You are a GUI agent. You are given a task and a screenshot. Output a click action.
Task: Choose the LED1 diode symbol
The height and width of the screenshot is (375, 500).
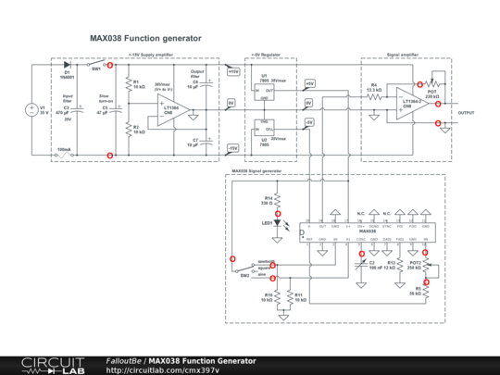click(278, 222)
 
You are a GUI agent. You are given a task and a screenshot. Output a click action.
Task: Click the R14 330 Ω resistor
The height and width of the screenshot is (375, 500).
click(278, 201)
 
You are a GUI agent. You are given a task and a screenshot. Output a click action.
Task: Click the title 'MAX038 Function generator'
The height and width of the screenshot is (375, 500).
click(144, 39)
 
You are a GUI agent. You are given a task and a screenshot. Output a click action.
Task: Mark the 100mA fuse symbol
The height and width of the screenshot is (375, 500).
click(63, 156)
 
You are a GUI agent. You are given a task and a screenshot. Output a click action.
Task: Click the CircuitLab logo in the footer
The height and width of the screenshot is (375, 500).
click(44, 365)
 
